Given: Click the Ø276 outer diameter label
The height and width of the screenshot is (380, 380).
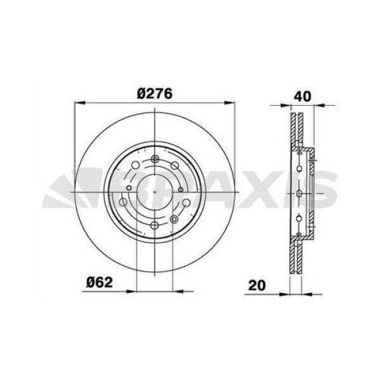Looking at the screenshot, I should [x=155, y=92].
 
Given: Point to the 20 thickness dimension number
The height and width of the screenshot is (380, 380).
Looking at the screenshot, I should [x=255, y=284].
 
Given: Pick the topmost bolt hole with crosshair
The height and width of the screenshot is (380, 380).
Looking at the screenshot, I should [x=155, y=158].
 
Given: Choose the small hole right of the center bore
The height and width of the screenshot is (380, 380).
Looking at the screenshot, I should [x=181, y=190].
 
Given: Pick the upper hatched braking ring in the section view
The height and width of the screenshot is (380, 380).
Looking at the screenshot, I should [x=295, y=130].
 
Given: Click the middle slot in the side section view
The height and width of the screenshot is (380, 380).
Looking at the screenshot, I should [x=298, y=191].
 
